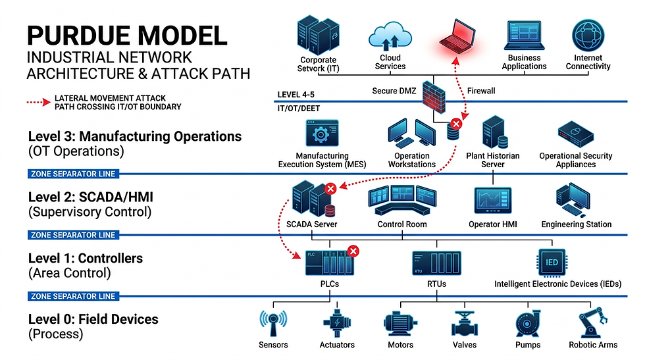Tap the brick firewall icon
pyautogui.click(x=434, y=96)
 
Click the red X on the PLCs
pyautogui.click(x=353, y=251)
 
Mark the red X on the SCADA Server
pyautogui.click(x=331, y=189)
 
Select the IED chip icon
pyautogui.click(x=552, y=262)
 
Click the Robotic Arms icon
pyautogui.click(x=592, y=324)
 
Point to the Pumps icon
pyautogui.click(x=528, y=324)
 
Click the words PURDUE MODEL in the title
pyautogui.click(x=127, y=34)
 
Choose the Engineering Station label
pyautogui.click(x=577, y=224)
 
